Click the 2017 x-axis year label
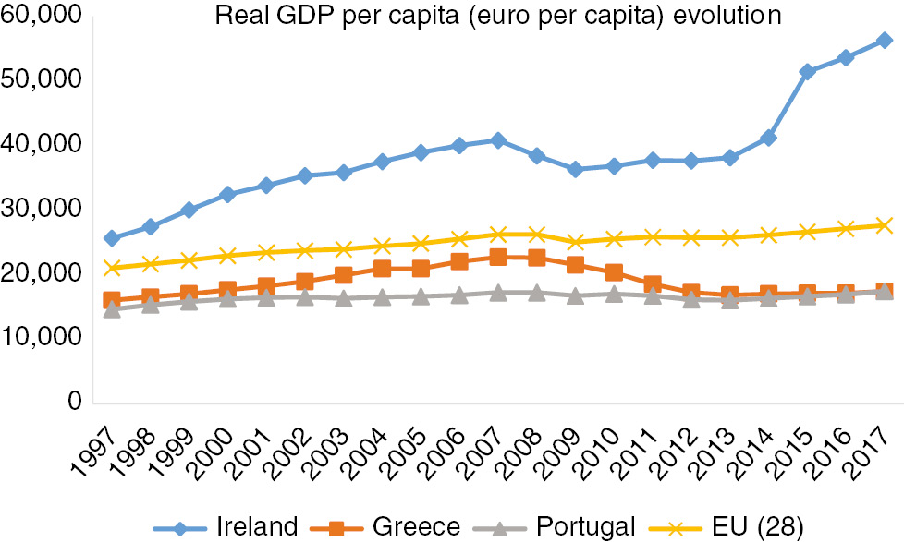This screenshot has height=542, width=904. [x=871, y=445]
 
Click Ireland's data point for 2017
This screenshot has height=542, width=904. [x=884, y=41]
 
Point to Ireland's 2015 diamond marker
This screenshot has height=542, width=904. [x=807, y=71]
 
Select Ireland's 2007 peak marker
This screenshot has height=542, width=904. [x=498, y=140]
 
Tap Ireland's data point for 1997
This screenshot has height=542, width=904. [x=112, y=238]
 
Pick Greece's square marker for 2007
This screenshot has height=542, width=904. [x=498, y=258]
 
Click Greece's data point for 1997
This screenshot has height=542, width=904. [x=112, y=300]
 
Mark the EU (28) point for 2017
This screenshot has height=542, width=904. [x=884, y=225]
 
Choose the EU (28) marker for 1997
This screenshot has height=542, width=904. [x=112, y=268]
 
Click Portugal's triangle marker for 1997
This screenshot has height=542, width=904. [x=112, y=309]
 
